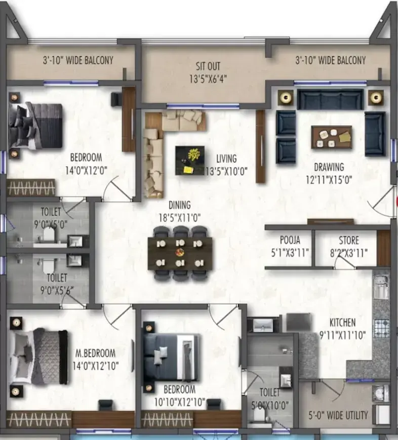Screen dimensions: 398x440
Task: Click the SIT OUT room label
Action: pos(208,66)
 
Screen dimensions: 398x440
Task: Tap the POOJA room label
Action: pos(290,240)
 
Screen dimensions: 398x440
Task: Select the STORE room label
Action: pos(349,240)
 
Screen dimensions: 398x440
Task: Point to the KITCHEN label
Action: pos(342,323)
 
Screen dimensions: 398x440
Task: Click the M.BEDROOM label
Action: pos(95,353)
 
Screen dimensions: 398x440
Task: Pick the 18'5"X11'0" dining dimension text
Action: pos(180,218)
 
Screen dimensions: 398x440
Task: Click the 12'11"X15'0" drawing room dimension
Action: pos(329,180)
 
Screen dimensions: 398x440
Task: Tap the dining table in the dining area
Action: pos(180,253)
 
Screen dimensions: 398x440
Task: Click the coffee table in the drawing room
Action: pos(332,137)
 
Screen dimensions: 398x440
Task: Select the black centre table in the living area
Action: pos(190,161)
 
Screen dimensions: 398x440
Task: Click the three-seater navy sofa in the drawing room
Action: pos(330,99)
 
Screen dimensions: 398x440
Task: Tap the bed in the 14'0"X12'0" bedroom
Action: pos(35,126)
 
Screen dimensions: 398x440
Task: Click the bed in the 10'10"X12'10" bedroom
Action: pos(171,357)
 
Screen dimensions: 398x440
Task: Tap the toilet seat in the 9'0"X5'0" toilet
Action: pos(49,234)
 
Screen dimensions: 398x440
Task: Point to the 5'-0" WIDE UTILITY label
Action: pos(338,415)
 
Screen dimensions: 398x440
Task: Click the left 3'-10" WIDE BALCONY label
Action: pos(78,60)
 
